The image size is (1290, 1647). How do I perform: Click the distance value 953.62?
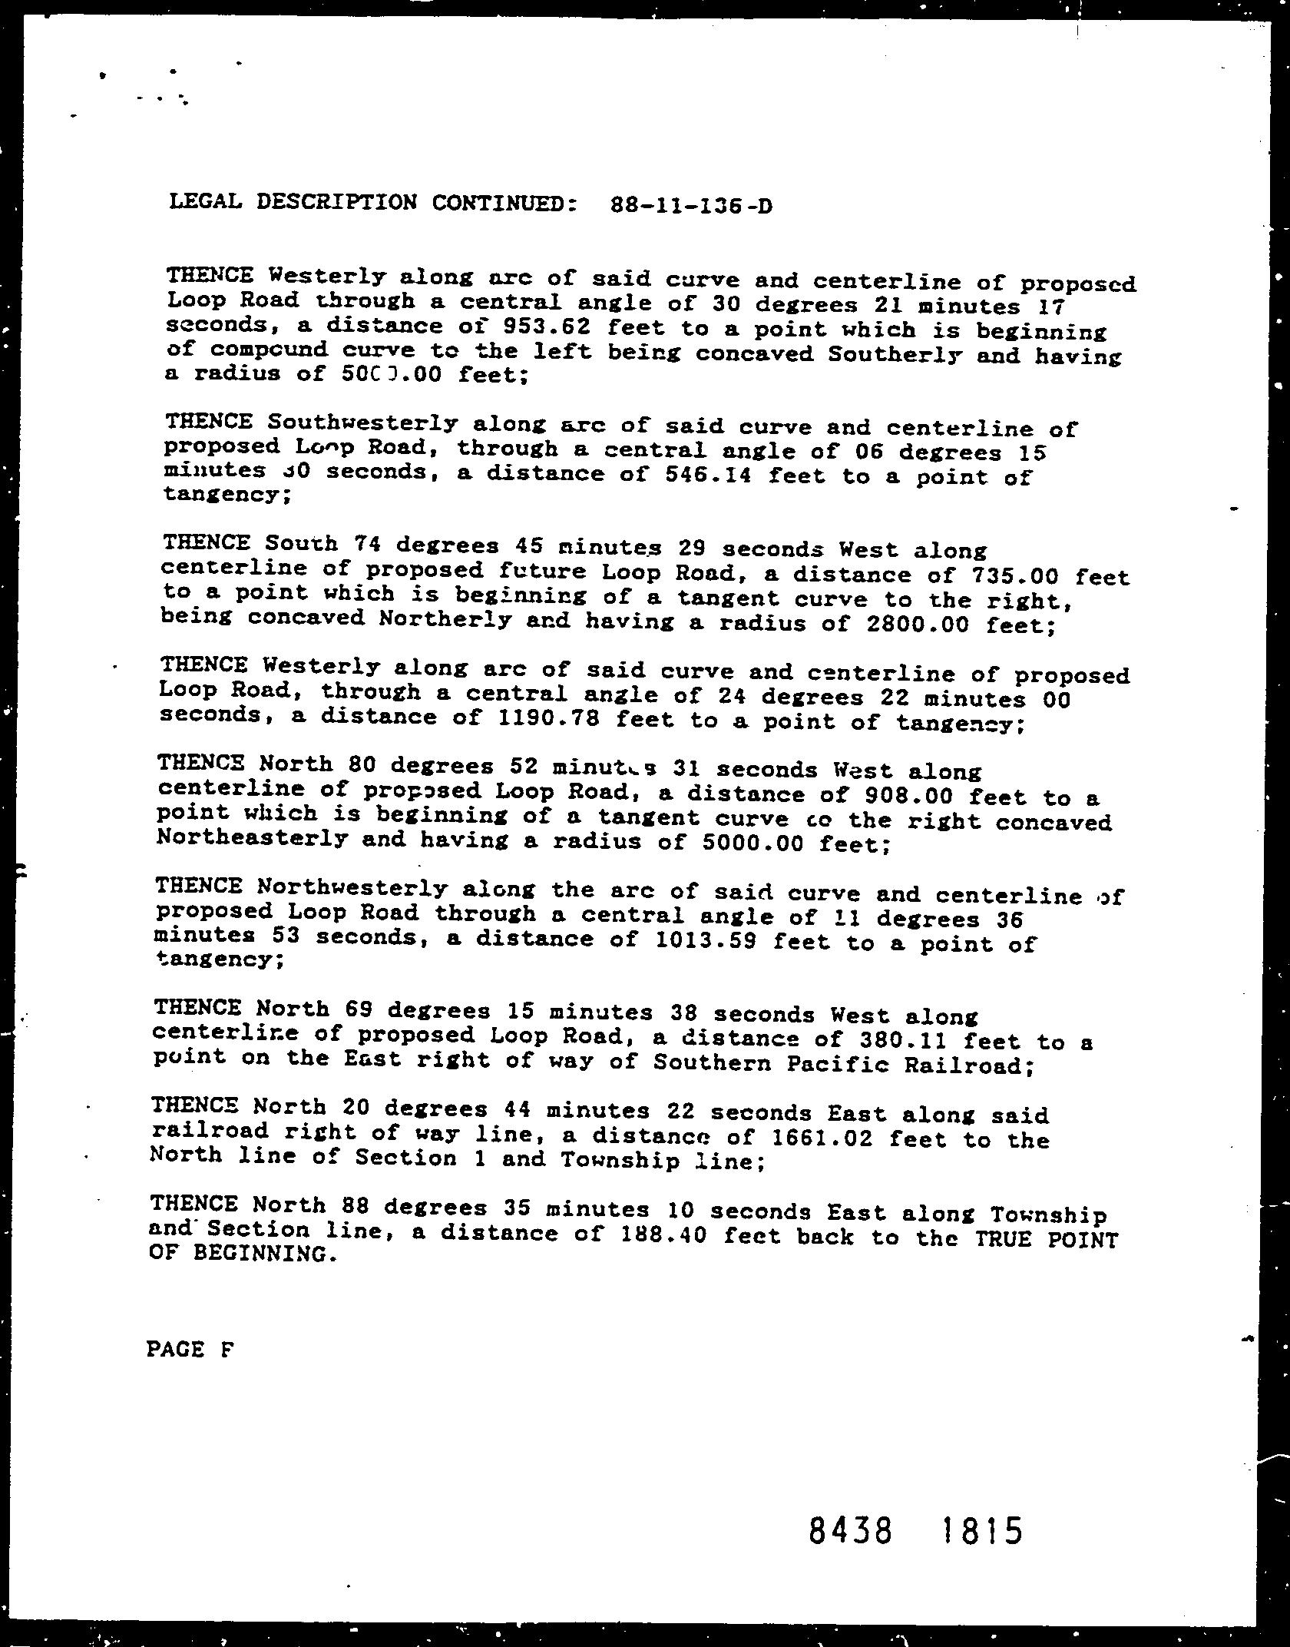544,328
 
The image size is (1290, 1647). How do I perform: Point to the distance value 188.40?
637,1236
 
